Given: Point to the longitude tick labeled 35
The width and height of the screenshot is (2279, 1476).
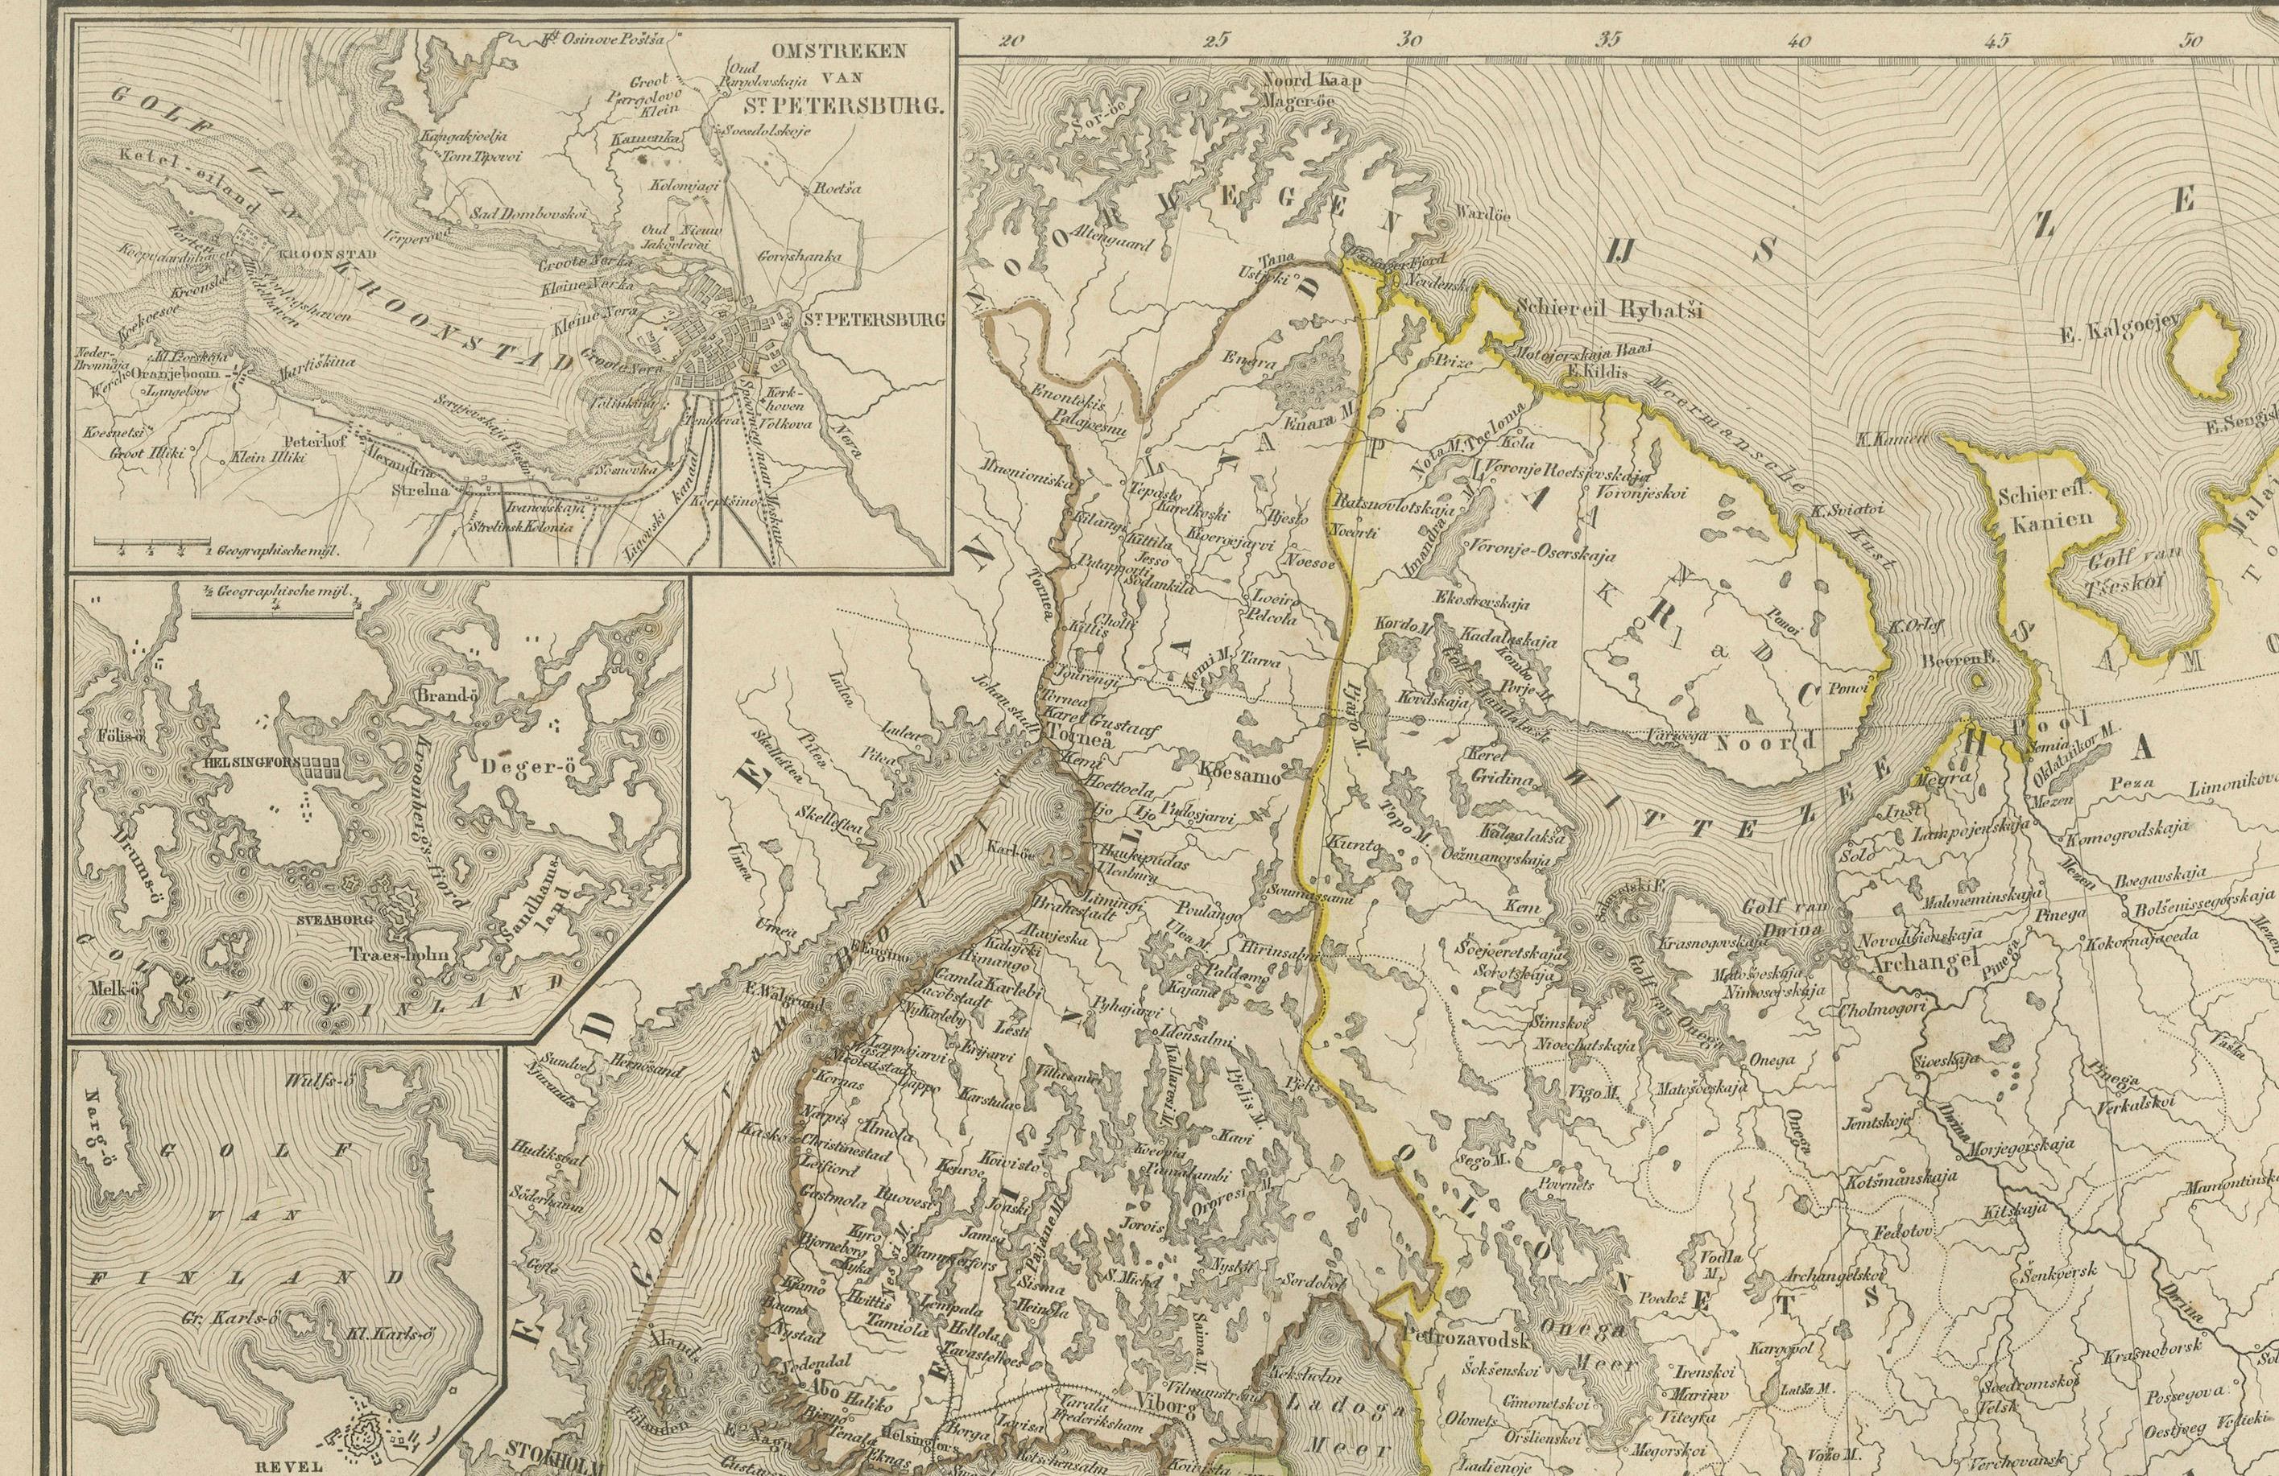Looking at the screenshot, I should [x=1610, y=41].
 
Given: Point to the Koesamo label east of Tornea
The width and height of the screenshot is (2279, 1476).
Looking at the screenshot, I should [x=1241, y=777].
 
